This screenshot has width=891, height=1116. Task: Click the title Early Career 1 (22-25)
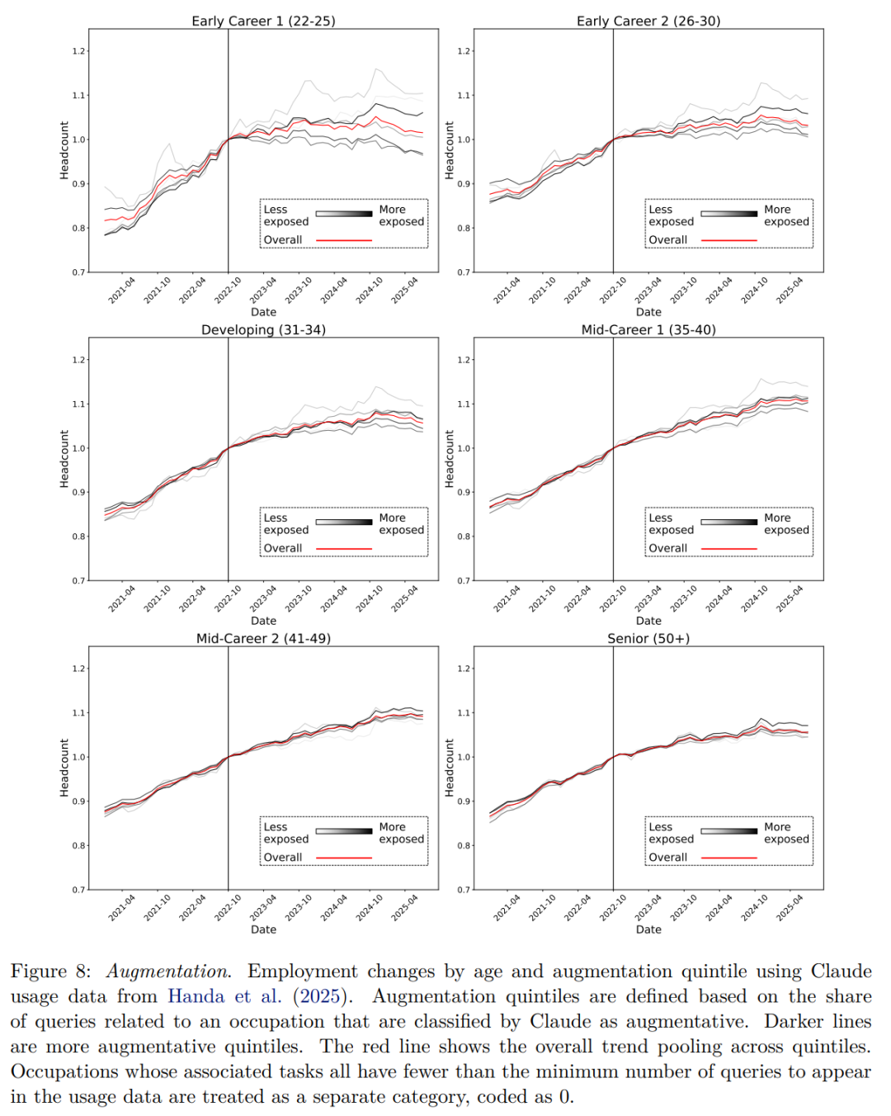(263, 21)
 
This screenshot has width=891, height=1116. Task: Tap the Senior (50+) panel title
(648, 638)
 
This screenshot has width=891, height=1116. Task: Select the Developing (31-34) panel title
(263, 329)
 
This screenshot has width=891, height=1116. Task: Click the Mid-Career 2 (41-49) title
(263, 638)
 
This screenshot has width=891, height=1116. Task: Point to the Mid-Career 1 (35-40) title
(648, 329)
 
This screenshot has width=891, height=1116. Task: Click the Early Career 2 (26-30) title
(648, 21)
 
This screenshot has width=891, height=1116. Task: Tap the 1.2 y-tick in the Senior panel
(464, 669)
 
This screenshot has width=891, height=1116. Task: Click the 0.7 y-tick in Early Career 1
(79, 272)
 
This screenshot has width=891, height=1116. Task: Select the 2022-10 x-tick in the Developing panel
(229, 598)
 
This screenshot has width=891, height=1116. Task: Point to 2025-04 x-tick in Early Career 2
(790, 290)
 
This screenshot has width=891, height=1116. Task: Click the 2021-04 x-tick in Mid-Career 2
(122, 907)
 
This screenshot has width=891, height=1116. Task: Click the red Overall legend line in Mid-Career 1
(728, 549)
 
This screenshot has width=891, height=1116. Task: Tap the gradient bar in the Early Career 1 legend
(343, 214)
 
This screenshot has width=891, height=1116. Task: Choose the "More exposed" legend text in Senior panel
(786, 833)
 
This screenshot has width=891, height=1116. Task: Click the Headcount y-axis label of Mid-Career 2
(64, 768)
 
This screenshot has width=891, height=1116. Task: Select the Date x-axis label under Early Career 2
(648, 312)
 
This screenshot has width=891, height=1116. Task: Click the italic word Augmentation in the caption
(168, 972)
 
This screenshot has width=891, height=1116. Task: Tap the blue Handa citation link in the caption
(224, 996)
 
